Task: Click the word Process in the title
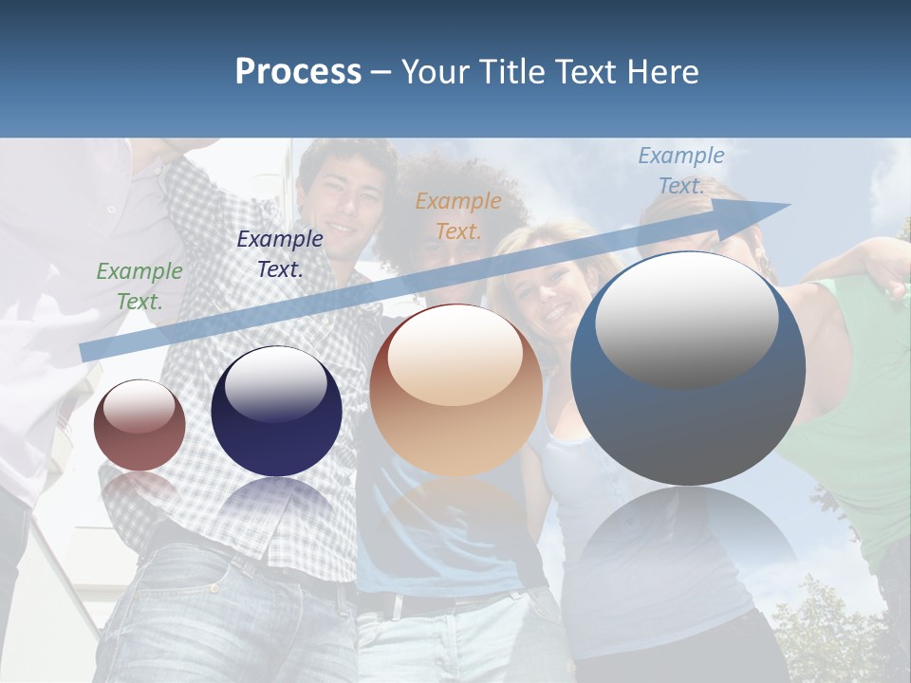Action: pos(298,72)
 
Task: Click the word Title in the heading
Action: pos(511,72)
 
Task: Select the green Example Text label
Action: pos(139,286)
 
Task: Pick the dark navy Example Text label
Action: pos(280,254)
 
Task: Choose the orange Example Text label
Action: pos(458,215)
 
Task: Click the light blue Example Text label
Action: pos(681,171)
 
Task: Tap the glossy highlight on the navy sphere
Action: pos(275,383)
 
